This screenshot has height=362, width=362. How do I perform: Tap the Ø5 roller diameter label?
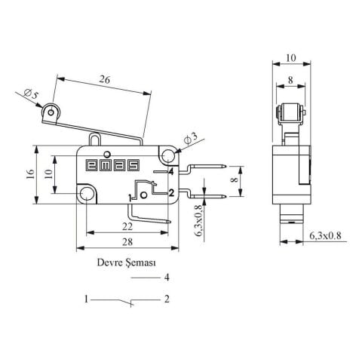click(x=31, y=94)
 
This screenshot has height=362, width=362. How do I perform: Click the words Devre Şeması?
click(x=126, y=264)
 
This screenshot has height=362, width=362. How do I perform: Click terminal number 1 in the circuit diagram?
click(x=87, y=299)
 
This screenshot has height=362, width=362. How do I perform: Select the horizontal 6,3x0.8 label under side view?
click(x=325, y=236)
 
